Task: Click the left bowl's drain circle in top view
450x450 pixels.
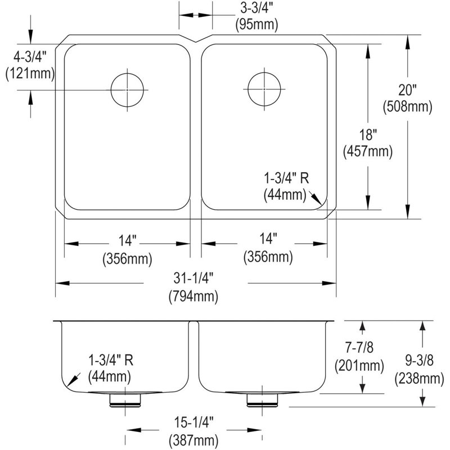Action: [127, 74]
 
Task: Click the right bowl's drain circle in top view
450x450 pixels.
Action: [264, 73]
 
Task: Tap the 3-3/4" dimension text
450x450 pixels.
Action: [256, 8]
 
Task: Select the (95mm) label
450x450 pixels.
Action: [256, 25]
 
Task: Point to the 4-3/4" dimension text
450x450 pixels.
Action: [30, 57]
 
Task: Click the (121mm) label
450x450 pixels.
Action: [30, 74]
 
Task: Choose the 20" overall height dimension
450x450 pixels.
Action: [407, 90]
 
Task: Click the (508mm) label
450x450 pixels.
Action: [407, 107]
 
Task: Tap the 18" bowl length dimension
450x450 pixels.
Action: [368, 134]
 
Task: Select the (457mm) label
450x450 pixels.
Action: [368, 151]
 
